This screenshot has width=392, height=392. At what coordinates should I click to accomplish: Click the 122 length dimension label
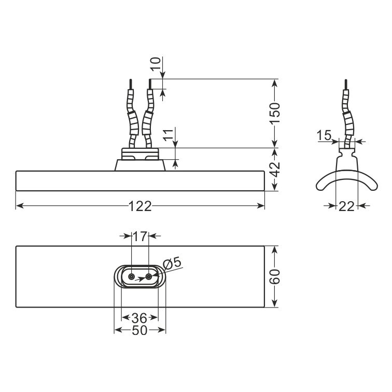140,206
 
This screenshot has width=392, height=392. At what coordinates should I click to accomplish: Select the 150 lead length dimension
274,113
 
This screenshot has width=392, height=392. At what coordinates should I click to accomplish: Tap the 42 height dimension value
275,170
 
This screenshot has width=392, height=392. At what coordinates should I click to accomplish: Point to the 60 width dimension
275,276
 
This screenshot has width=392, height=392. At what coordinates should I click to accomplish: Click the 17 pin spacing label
140,236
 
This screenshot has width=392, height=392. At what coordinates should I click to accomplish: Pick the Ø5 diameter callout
172,263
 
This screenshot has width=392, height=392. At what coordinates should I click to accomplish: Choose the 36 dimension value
139,318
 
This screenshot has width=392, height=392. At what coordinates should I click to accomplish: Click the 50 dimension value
139,330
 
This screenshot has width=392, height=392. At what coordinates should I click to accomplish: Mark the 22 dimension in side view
346,206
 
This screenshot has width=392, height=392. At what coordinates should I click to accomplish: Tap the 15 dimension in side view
324,135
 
